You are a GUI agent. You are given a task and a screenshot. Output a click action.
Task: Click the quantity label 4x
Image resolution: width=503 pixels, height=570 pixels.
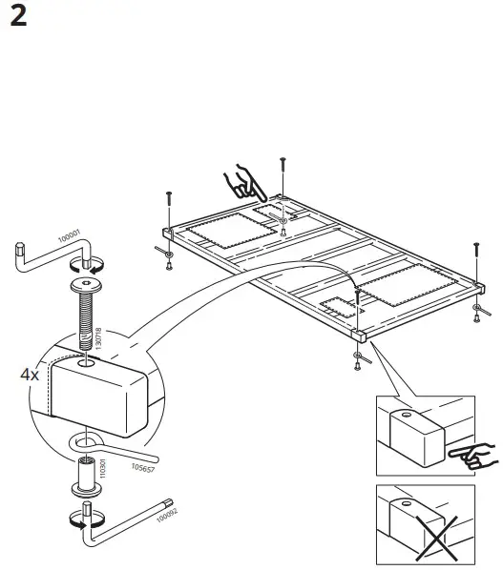point(30,374)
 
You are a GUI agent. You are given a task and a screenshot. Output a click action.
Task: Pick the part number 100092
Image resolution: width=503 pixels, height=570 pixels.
point(167,515)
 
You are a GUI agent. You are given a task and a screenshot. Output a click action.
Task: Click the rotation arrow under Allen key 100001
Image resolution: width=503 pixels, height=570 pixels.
point(87,266)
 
